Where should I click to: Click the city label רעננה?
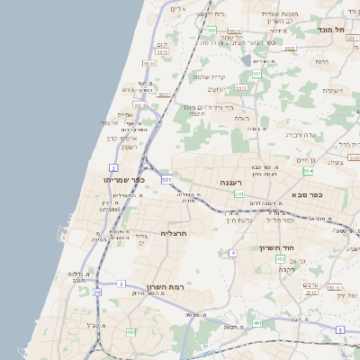tap(238, 182)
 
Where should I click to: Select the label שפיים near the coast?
tap(124, 114)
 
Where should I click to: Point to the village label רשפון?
tap(128, 147)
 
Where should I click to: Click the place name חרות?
tap(321, 61)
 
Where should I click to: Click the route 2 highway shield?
tap(113, 167)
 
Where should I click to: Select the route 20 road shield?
tap(96, 292)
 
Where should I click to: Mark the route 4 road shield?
tap(232, 253)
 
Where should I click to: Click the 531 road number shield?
tap(166, 179)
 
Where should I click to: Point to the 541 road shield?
tap(238, 193)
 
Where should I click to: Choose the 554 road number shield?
tap(309, 170)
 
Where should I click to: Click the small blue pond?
tap(246, 60)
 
